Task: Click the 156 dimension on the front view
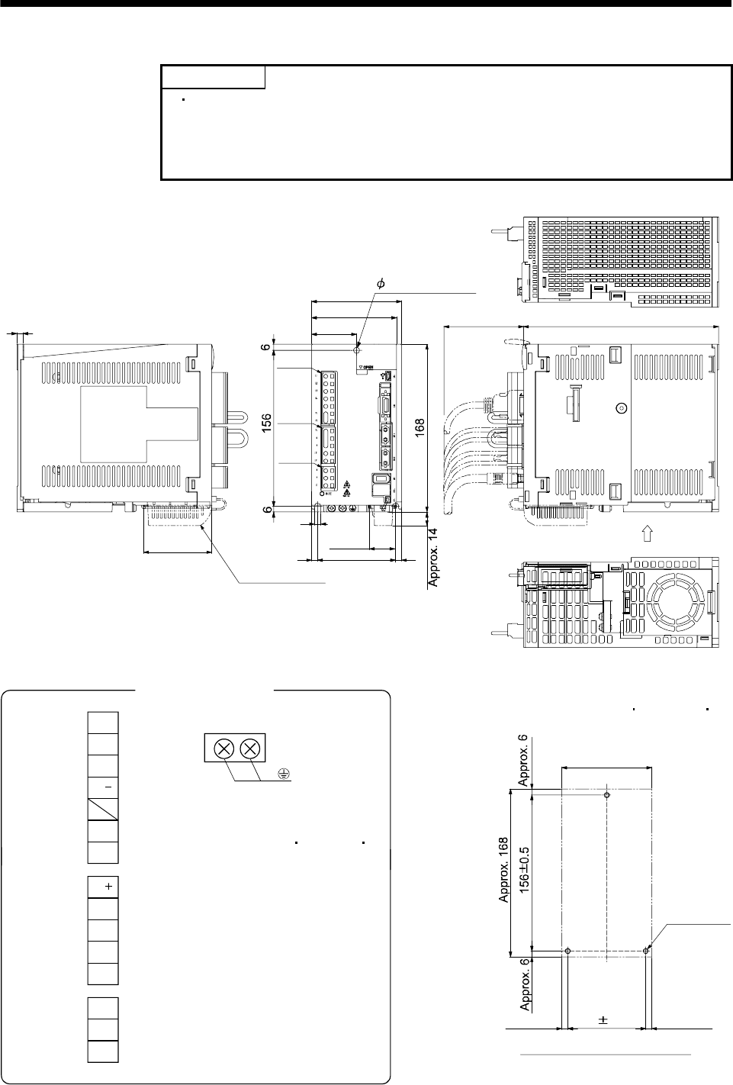tap(267, 425)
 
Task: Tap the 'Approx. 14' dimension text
tap(435, 559)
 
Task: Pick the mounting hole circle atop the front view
tap(357, 349)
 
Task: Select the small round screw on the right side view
tap(621, 409)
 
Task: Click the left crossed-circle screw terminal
tap(223, 749)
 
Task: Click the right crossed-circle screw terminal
tap(249, 749)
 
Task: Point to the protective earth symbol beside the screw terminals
tap(283, 774)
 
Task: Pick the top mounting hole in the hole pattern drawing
tap(606, 795)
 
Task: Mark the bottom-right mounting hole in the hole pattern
tap(646, 951)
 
